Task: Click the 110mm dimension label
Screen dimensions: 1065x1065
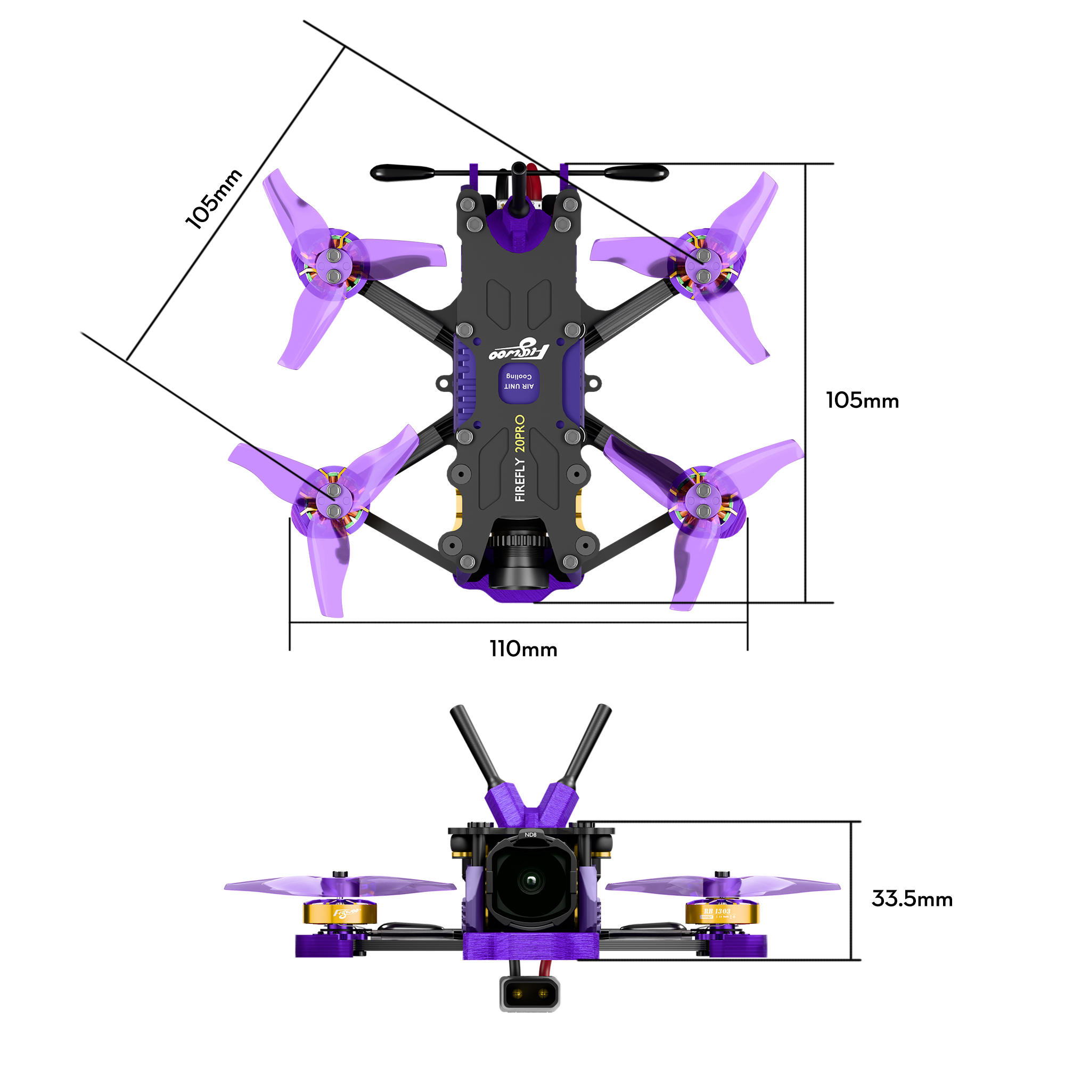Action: point(523,649)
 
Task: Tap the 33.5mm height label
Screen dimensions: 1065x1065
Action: point(912,899)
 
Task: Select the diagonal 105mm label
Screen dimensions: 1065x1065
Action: point(214,199)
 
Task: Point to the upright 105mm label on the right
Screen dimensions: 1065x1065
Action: point(862,401)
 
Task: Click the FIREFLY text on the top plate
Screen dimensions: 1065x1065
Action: point(519,479)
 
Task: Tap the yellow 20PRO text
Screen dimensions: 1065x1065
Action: point(519,433)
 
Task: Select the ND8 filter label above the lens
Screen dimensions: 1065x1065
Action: point(530,834)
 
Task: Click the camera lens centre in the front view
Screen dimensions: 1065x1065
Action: point(530,880)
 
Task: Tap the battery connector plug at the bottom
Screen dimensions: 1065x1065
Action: point(529,993)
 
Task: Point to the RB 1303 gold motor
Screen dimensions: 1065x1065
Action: point(722,913)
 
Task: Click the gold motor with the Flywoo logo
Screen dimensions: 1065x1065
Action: point(340,913)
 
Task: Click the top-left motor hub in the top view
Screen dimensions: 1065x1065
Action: point(333,265)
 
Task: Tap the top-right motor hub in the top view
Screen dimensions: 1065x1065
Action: point(703,265)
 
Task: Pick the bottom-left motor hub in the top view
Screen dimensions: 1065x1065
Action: point(333,501)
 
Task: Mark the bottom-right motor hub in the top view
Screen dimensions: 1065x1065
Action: point(703,501)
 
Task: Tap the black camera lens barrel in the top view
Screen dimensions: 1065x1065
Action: point(518,557)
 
